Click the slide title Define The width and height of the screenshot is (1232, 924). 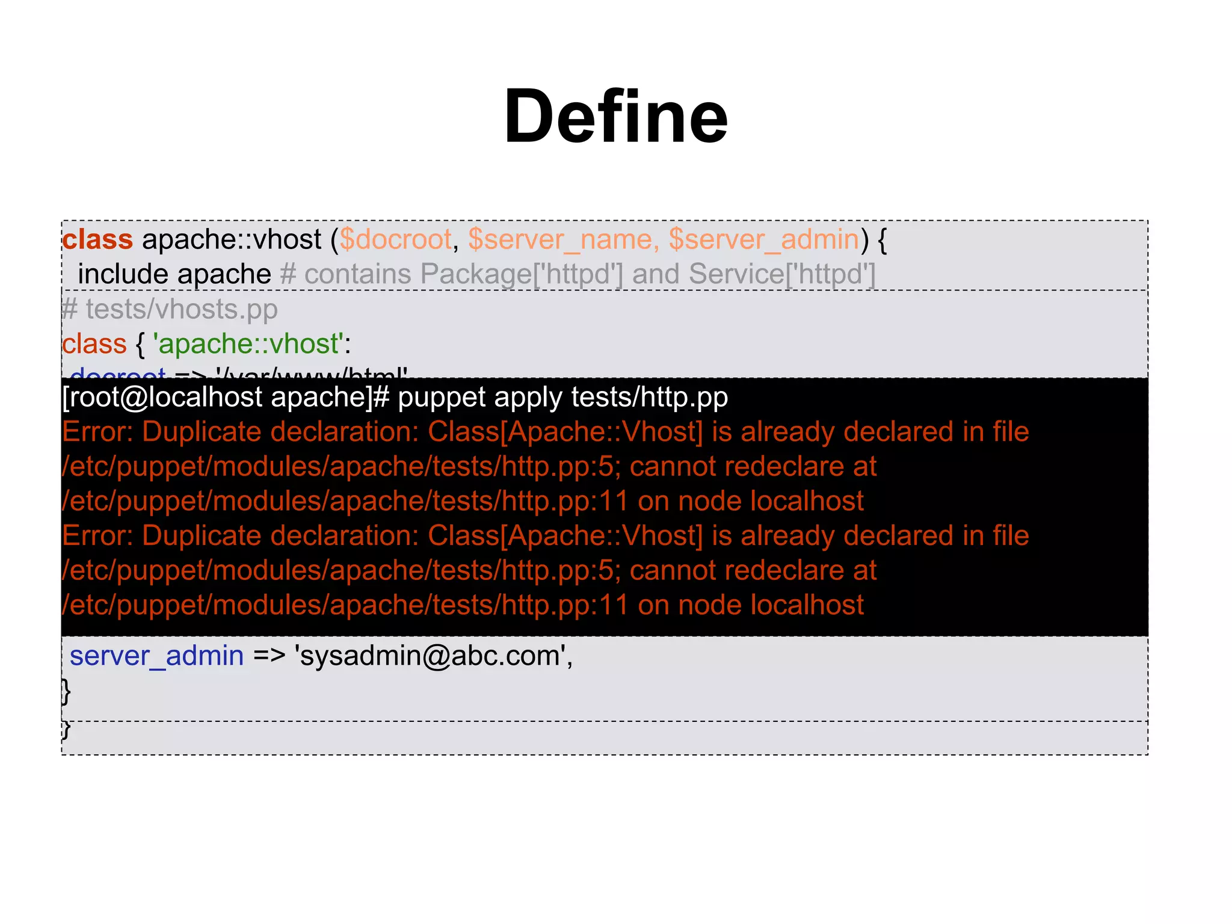615,116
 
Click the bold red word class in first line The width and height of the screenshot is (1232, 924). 97,239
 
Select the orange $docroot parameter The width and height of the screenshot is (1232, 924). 395,239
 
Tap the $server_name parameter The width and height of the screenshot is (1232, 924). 560,239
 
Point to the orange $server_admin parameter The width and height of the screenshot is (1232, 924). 764,239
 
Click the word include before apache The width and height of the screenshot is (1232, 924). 123,274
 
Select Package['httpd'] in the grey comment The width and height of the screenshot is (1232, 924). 522,274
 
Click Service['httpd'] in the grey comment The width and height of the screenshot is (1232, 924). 782,274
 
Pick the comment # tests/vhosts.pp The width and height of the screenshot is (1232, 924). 170,309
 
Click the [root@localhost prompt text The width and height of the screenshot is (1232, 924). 162,397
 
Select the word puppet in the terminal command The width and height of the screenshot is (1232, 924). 442,397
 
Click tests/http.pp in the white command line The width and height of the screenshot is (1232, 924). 649,397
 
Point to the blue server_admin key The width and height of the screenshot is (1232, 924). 156,656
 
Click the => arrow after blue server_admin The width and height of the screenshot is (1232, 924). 269,656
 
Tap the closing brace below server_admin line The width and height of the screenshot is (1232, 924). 66,691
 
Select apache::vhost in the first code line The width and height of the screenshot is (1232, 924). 232,239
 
